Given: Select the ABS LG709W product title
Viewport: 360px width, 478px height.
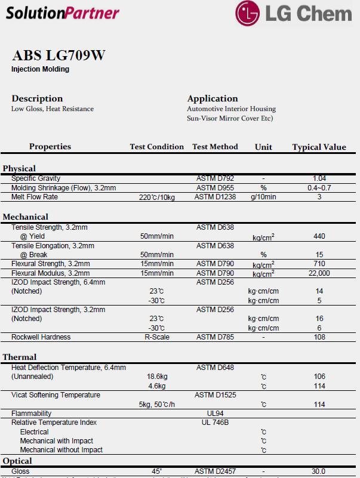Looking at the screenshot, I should (59, 56).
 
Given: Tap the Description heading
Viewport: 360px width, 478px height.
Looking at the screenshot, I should (37, 98).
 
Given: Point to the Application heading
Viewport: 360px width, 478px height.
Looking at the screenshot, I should (213, 98).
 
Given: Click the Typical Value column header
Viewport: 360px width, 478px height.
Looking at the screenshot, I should (319, 147).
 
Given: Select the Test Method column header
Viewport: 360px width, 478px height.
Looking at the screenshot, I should (215, 147).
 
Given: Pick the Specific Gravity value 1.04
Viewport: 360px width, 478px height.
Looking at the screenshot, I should (319, 178).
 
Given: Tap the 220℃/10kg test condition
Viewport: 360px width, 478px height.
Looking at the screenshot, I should (157, 198).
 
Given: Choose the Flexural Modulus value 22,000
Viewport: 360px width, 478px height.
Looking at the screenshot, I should (319, 273).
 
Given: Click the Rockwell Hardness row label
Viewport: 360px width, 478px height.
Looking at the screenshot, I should (41, 337).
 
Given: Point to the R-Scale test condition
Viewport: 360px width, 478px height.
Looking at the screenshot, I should (157, 337).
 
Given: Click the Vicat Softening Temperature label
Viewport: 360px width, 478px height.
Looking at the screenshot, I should (56, 395).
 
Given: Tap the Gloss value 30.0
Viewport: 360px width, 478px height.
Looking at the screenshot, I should (319, 471).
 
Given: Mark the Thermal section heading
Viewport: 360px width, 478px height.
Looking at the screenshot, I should (20, 357).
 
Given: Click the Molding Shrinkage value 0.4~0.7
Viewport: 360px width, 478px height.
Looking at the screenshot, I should (319, 188).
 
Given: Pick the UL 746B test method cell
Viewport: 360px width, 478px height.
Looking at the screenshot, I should (215, 423).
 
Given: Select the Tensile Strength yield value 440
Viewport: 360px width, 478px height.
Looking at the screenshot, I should (319, 236).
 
